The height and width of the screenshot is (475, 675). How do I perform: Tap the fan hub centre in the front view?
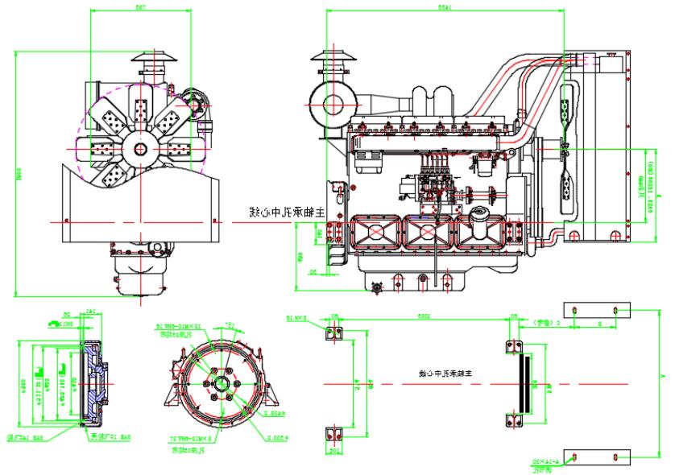point(141,149)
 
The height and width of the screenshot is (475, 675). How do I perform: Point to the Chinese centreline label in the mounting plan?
point(444,374)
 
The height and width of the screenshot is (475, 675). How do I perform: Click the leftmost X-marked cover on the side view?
point(372,233)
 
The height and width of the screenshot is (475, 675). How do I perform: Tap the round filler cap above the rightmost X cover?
point(481,216)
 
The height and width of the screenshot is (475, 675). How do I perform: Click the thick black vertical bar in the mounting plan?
point(526,383)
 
